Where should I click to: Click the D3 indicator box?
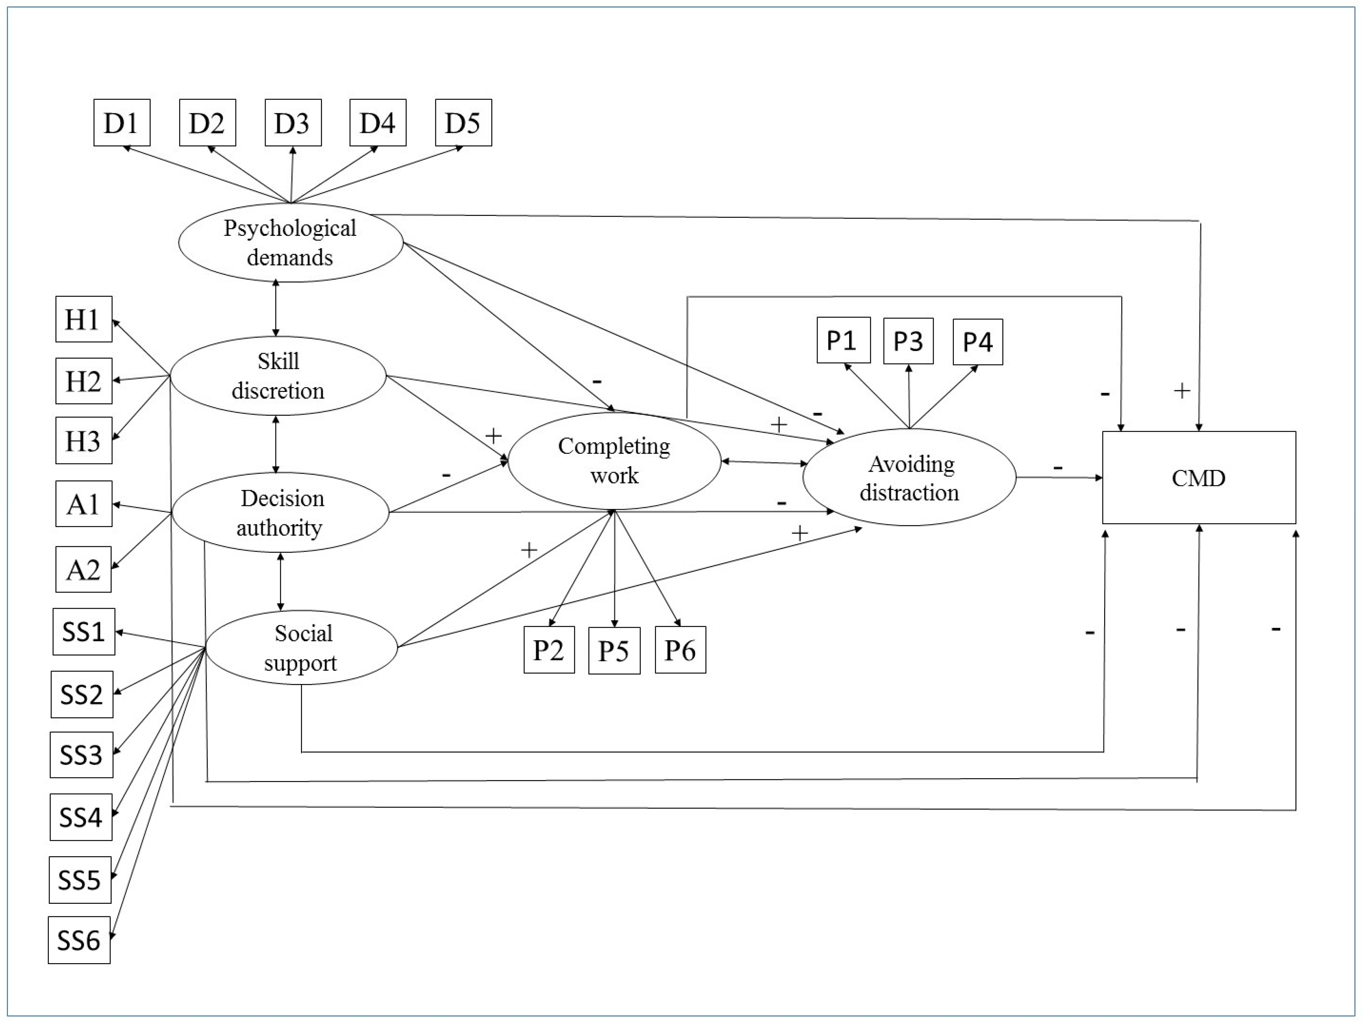tap(293, 123)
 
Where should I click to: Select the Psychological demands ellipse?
tap(291, 243)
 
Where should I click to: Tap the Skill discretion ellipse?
tap(278, 376)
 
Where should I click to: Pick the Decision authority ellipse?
tap(280, 512)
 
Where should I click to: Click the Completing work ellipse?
tap(614, 461)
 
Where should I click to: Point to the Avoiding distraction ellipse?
tap(909, 477)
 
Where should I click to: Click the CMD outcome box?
tap(1199, 477)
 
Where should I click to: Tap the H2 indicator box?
tap(84, 381)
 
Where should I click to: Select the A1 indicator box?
tap(84, 504)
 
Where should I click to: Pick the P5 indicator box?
tap(614, 650)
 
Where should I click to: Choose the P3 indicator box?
tap(908, 341)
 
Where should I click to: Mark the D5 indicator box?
tap(463, 123)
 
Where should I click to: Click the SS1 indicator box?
tap(84, 632)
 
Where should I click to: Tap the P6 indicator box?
tap(680, 650)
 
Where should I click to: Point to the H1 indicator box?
tap(84, 319)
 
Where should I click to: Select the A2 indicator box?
tap(84, 569)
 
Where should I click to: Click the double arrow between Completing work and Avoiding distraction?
tap(764, 462)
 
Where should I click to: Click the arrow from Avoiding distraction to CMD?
tap(1059, 477)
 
